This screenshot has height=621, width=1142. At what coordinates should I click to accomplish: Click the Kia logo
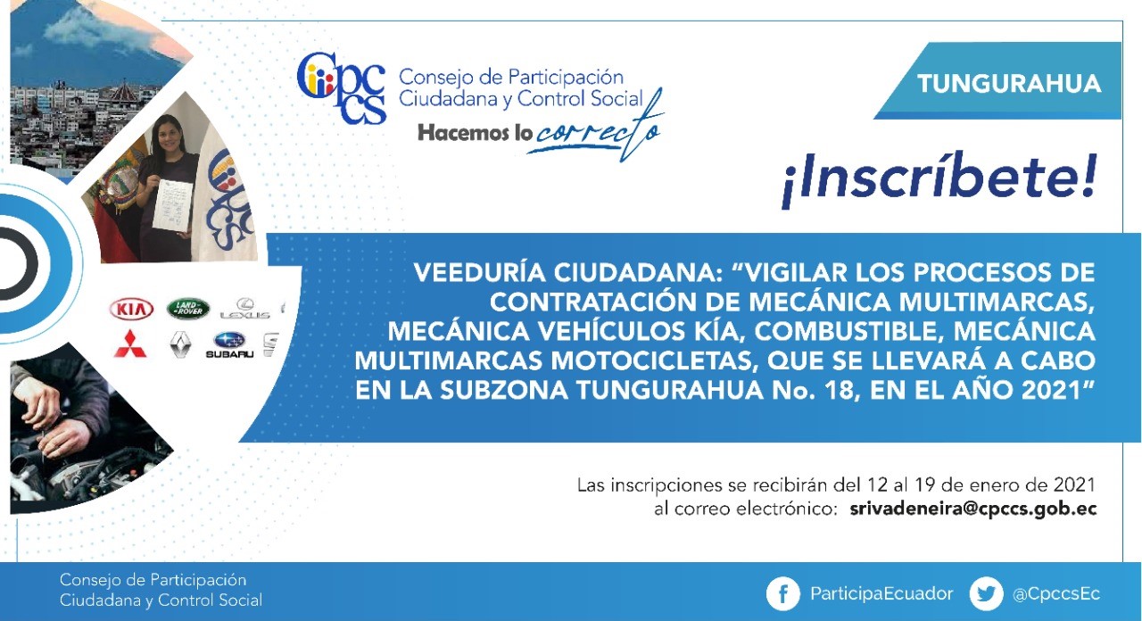pyautogui.click(x=131, y=309)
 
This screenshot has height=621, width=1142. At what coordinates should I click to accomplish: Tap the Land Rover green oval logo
pyautogui.click(x=188, y=309)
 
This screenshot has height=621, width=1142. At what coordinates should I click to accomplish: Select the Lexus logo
pyautogui.click(x=245, y=309)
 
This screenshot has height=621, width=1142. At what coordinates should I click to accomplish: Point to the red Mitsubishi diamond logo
pyautogui.click(x=130, y=344)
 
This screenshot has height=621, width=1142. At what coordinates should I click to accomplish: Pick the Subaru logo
pyautogui.click(x=229, y=344)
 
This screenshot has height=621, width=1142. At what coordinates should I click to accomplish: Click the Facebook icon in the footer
pyautogui.click(x=782, y=593)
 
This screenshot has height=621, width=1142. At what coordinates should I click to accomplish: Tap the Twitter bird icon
pyautogui.click(x=986, y=593)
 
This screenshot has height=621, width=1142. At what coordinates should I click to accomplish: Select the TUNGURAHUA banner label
pyautogui.click(x=1009, y=84)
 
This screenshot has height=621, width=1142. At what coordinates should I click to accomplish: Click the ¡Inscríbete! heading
pyautogui.click(x=939, y=178)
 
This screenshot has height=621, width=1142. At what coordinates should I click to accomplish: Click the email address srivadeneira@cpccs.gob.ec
pyautogui.click(x=973, y=509)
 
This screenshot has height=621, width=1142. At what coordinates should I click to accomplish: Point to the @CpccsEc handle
pyautogui.click(x=1056, y=594)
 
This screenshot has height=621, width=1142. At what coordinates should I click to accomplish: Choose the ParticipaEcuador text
pyautogui.click(x=881, y=594)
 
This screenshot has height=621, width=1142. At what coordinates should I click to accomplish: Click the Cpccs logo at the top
pyautogui.click(x=341, y=88)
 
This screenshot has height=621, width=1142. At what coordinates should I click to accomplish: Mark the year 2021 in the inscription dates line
pyautogui.click(x=1074, y=484)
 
